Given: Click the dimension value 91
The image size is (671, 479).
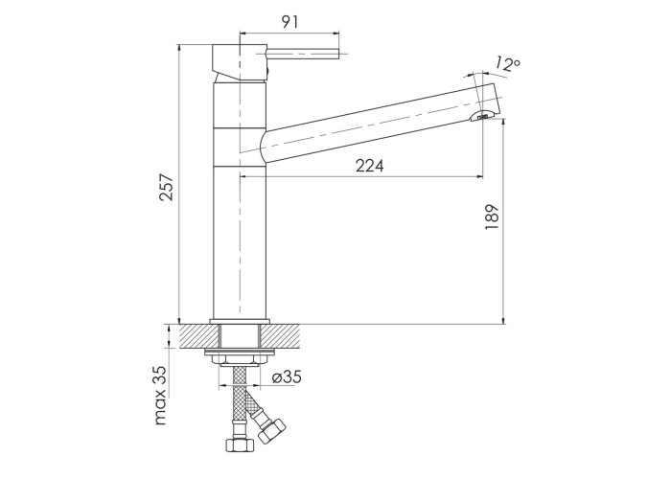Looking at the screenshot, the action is tap(289, 22).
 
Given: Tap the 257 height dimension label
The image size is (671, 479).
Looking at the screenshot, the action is tap(167, 187).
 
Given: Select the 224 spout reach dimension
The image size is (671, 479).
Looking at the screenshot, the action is tap(370, 166).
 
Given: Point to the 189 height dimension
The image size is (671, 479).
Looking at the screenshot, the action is tap(492, 217).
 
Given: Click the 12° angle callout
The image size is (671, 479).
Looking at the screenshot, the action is tap(507, 64).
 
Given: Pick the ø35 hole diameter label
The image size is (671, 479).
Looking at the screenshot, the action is tap(287, 377).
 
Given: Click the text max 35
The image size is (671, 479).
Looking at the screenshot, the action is tap(160, 395).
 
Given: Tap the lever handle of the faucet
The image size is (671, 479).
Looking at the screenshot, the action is tap(303, 55).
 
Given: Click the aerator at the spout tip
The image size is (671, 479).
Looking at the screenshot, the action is tap(483, 116).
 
